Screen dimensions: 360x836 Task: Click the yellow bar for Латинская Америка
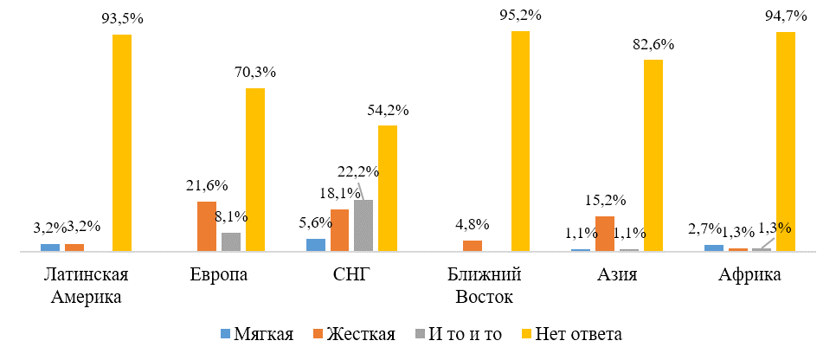(122, 143)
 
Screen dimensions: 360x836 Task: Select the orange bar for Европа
(207, 226)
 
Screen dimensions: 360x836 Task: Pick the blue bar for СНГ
(316, 245)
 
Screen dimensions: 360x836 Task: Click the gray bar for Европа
(231, 241)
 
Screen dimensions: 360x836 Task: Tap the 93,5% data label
(122, 22)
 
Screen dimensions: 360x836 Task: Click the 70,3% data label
(254, 73)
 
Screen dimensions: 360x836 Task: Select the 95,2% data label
(520, 16)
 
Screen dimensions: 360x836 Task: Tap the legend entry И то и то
(462, 335)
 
